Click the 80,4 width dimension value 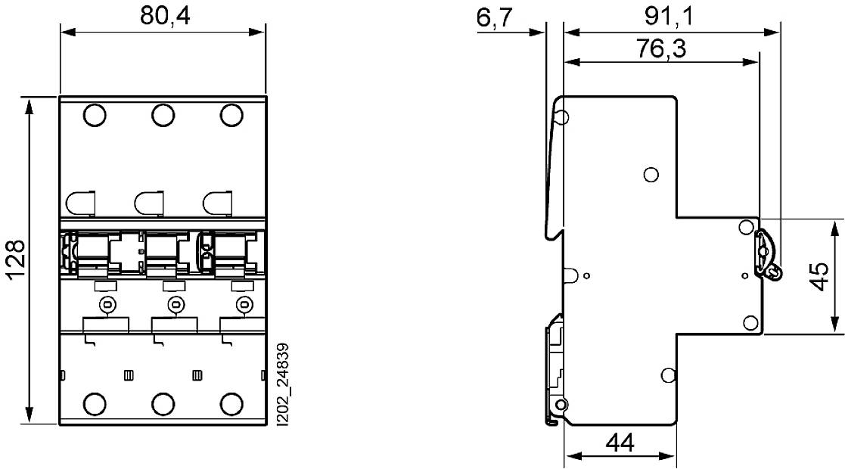coord(163,16)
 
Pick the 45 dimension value coord(816,277)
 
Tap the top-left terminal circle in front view coord(95,115)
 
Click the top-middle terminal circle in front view coord(163,115)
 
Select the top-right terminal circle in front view coord(231,115)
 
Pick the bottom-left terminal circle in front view coord(95,404)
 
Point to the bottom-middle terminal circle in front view coord(163,404)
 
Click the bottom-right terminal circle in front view coord(231,404)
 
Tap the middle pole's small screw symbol coord(176,305)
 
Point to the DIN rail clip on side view coord(555,371)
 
